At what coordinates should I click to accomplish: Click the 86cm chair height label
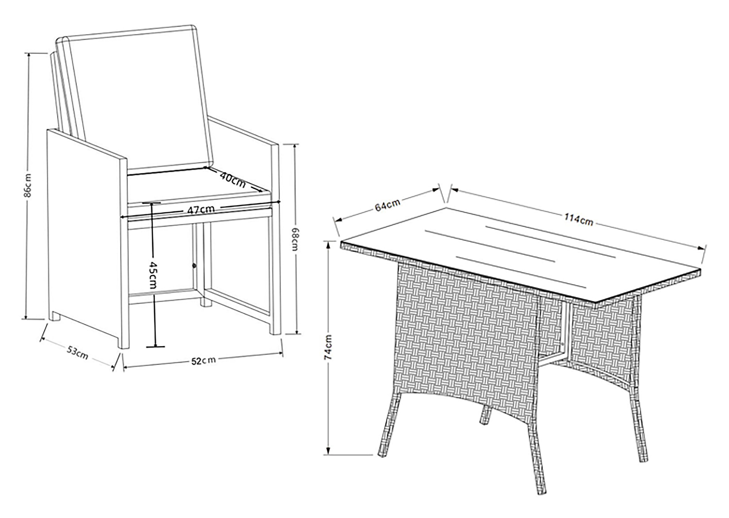(x=28, y=185)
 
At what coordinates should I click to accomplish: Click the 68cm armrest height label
(x=295, y=239)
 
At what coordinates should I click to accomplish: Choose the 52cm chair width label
(x=203, y=361)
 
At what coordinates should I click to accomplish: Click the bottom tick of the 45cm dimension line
(x=155, y=346)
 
